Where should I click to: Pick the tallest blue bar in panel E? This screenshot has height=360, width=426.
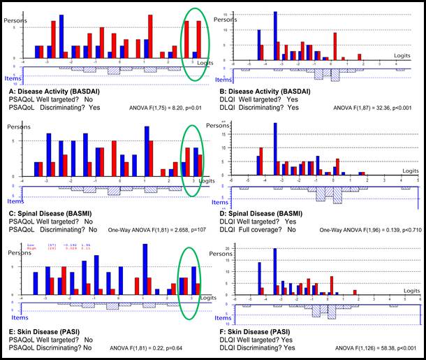(144, 268)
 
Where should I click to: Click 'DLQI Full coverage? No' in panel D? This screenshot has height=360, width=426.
(258, 229)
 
